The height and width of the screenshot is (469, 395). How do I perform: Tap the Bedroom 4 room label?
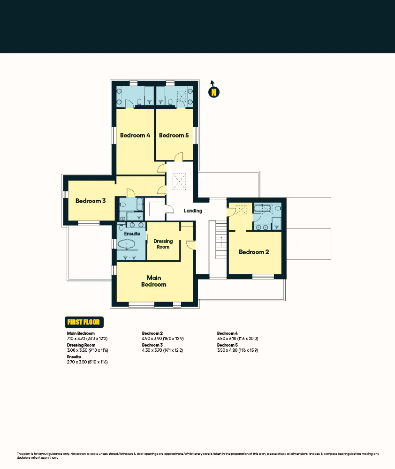click(135, 136)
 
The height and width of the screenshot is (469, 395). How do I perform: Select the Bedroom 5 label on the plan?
click(174, 136)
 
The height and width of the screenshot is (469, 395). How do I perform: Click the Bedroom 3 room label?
click(91, 201)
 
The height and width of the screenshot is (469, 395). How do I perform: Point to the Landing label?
click(193, 211)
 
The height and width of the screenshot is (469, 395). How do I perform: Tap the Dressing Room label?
click(163, 244)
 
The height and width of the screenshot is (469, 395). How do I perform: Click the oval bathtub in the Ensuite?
click(126, 244)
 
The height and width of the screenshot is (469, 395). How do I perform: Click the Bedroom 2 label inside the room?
click(254, 252)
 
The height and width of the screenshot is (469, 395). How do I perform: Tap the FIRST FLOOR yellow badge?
click(84, 322)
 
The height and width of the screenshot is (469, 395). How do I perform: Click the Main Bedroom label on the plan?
click(154, 281)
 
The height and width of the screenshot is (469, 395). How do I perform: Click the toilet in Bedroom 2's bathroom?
click(278, 208)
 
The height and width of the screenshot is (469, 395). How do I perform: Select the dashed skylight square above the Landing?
click(179, 182)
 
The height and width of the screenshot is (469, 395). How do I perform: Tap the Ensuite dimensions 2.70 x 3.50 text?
click(88, 362)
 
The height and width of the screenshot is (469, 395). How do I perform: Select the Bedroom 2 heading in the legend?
click(152, 333)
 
